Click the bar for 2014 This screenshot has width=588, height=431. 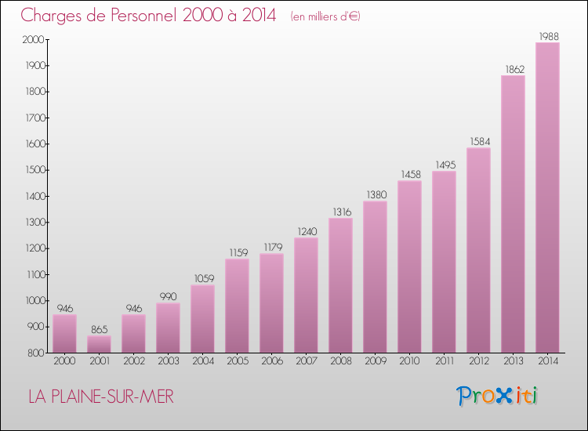click(547, 197)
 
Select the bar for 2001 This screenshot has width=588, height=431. click(99, 344)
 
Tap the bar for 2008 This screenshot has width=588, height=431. click(340, 285)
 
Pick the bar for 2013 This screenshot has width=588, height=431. click(513, 214)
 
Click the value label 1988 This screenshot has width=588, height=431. click(548, 36)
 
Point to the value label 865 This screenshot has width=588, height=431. click(99, 330)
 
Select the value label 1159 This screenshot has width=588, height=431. click(237, 253)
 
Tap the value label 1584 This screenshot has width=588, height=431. click(478, 142)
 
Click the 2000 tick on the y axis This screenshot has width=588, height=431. click(32, 39)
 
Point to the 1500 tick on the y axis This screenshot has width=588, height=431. click(32, 170)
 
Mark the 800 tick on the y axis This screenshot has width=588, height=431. click(34, 353)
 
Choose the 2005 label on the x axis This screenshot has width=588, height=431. click(237, 362)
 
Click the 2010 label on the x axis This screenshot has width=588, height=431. click(409, 362)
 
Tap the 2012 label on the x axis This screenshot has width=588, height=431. click(478, 362)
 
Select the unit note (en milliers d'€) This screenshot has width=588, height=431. click(325, 16)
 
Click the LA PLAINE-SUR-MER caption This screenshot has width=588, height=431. click(101, 397)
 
